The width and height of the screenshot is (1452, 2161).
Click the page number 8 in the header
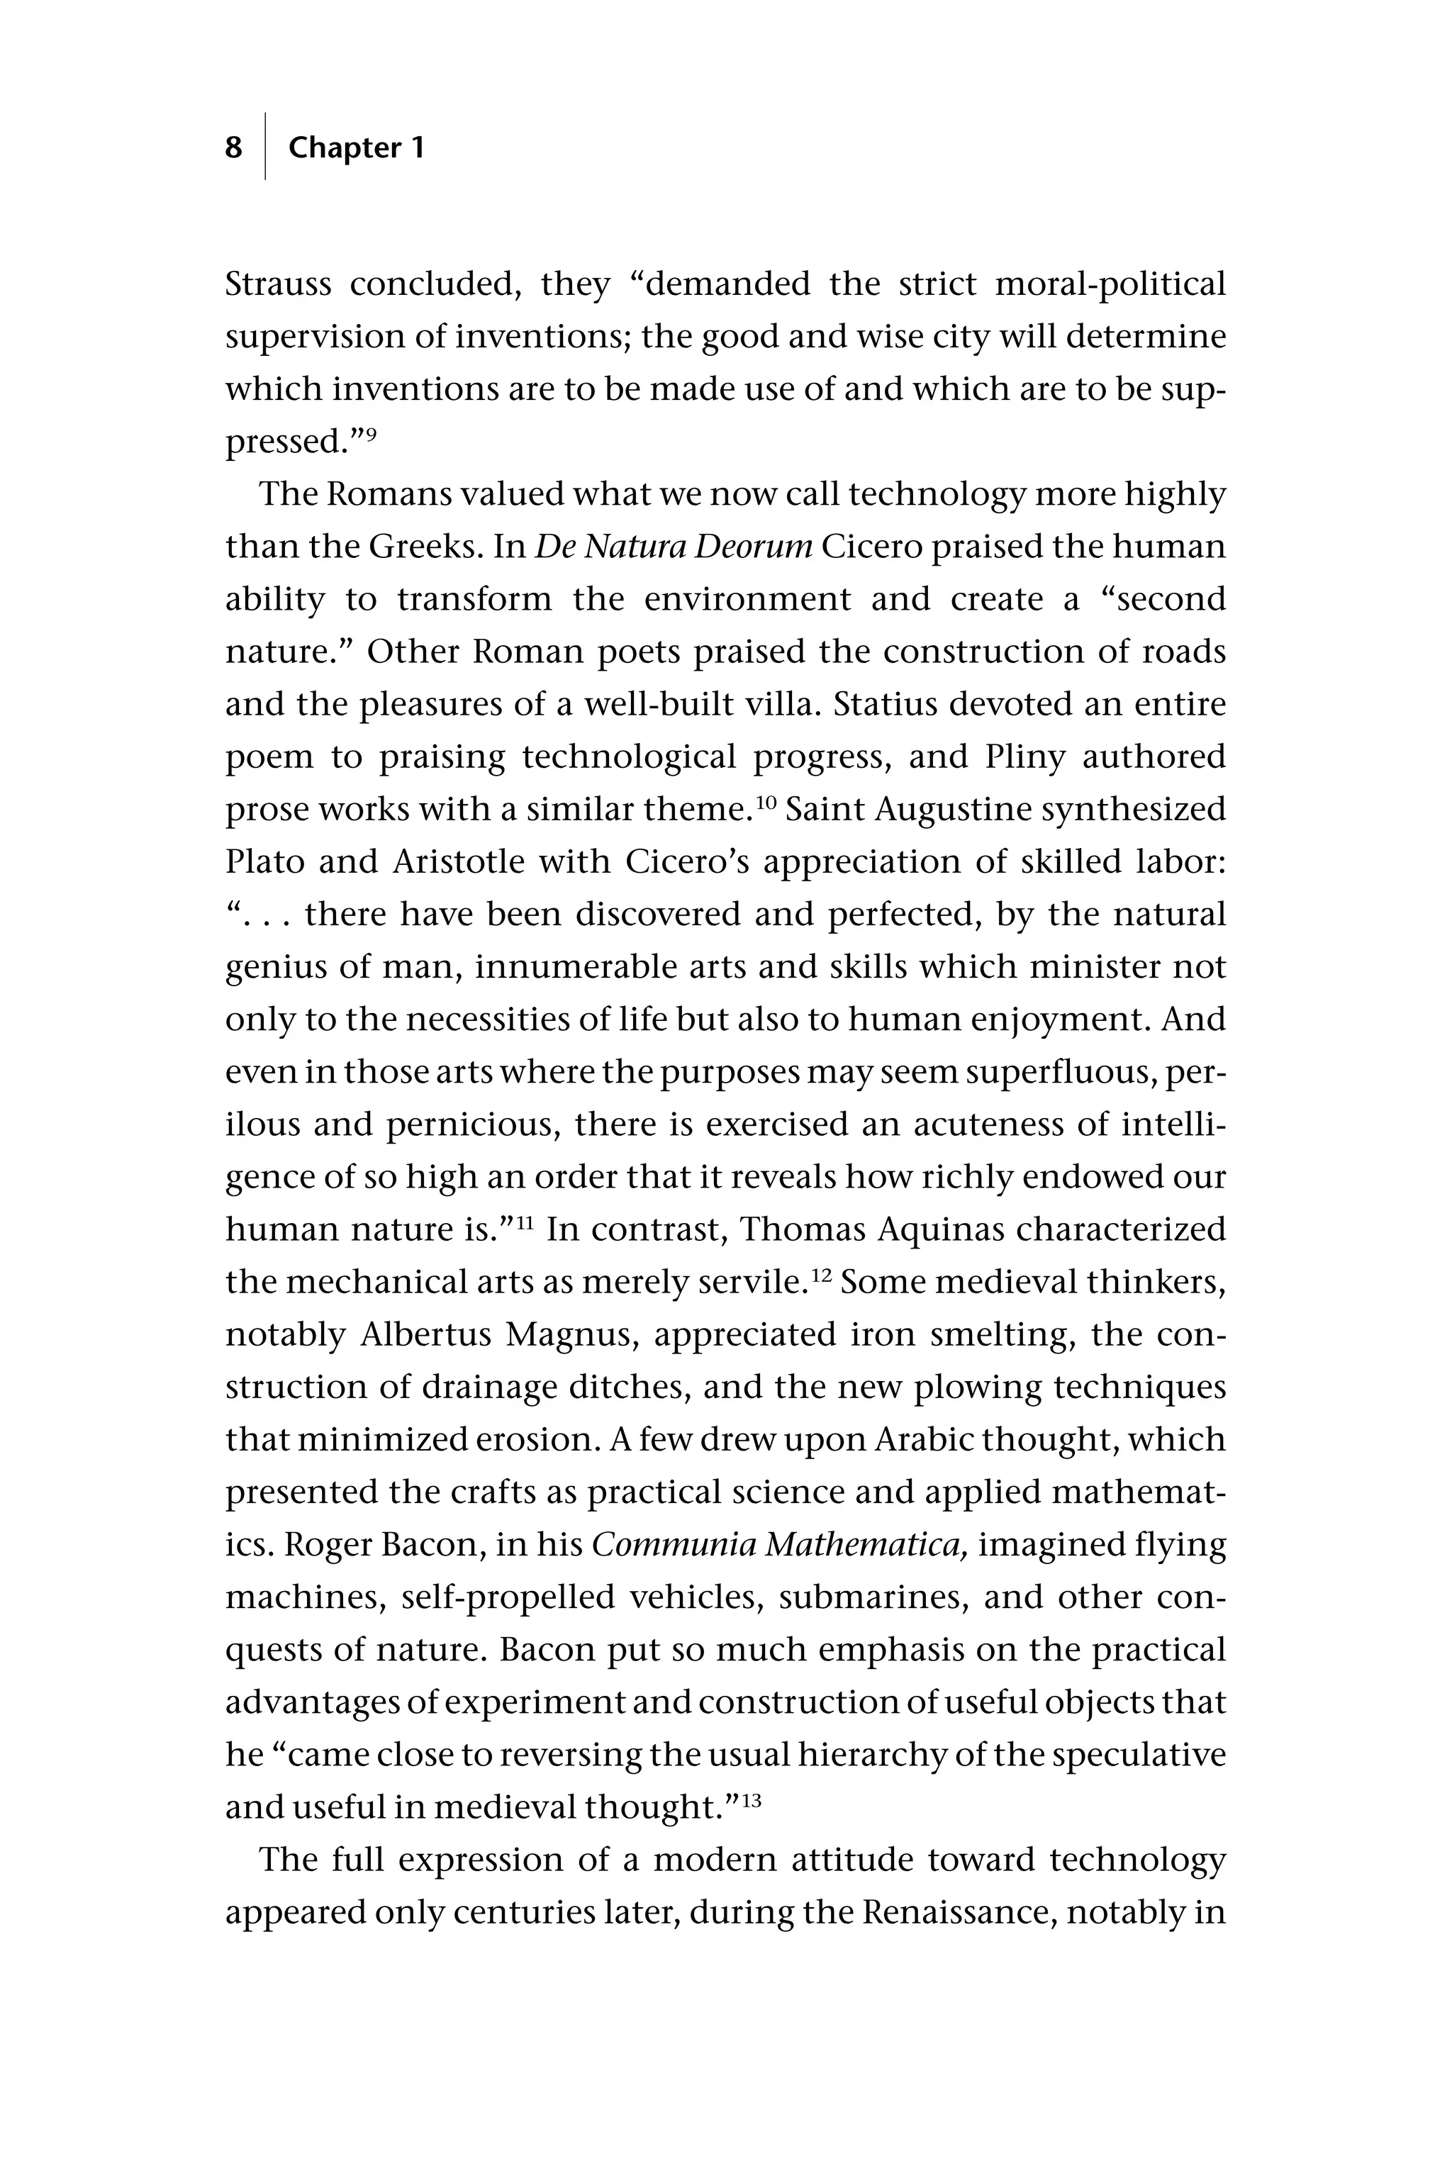(233, 147)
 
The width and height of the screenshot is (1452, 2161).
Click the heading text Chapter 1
(356, 147)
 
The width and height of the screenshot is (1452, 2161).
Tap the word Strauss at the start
(278, 284)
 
